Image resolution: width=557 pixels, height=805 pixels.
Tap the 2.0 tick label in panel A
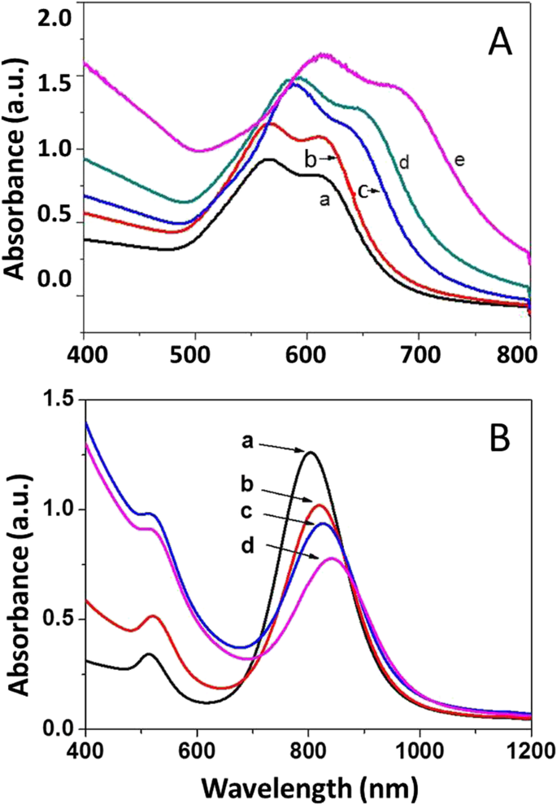pyautogui.click(x=56, y=17)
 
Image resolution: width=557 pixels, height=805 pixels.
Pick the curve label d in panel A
pyautogui.click(x=403, y=163)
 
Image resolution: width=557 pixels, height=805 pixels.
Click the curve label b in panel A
pyautogui.click(x=310, y=158)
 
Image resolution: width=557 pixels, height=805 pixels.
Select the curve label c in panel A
pyautogui.click(x=363, y=191)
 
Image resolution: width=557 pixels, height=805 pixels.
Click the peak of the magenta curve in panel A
pyautogui.click(x=325, y=55)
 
